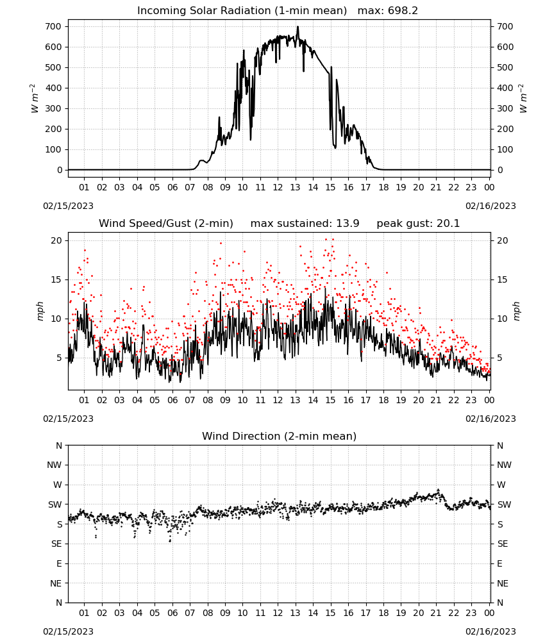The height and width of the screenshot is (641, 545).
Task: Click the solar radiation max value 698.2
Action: point(403,11)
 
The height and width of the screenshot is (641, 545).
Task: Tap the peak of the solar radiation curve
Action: point(298,27)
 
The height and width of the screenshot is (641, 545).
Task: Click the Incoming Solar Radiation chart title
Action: point(242,11)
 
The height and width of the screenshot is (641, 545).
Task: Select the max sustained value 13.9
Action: point(348,224)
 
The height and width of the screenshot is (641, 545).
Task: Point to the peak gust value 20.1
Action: point(448,224)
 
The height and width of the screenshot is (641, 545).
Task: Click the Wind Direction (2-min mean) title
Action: point(280,436)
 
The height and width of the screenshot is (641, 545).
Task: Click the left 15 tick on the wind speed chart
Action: point(56,279)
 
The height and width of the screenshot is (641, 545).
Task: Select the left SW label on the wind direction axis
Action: point(55,504)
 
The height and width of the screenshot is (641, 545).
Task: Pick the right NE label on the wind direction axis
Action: point(503,583)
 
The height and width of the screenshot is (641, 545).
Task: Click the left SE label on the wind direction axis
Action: point(56,544)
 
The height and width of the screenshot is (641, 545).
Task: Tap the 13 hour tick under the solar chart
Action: point(295,188)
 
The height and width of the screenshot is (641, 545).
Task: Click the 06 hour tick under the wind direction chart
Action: point(172,613)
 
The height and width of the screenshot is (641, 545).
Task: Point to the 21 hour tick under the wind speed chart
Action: point(436,400)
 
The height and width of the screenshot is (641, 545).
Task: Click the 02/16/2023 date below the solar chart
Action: point(491,206)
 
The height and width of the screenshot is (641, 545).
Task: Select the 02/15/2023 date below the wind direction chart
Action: point(68,631)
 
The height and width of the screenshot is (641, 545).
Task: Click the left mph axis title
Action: point(40,311)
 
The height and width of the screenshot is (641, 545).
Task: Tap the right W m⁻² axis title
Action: point(523,98)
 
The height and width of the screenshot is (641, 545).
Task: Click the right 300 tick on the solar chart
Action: point(505,109)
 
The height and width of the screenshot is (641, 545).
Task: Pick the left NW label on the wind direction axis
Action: point(55,465)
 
